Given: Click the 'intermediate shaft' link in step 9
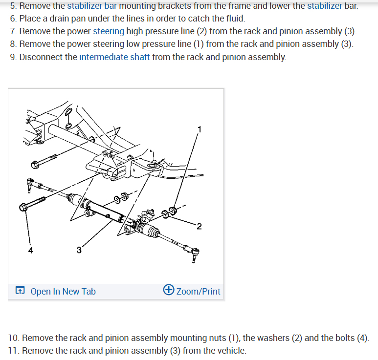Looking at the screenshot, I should [114, 57].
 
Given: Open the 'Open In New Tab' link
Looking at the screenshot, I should [63, 292].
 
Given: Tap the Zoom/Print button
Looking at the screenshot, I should [198, 292].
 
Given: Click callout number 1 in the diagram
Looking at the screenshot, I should [199, 129].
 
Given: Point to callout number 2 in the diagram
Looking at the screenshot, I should [199, 225].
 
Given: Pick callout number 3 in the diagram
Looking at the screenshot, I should [79, 251].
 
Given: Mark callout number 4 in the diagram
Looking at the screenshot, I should [31, 251].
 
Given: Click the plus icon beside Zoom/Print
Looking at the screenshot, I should [169, 290].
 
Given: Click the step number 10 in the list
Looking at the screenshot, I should [14, 338].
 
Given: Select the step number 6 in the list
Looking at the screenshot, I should [13, 19].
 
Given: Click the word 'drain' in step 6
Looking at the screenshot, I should [60, 19].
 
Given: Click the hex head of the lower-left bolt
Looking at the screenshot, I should [23, 208].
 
